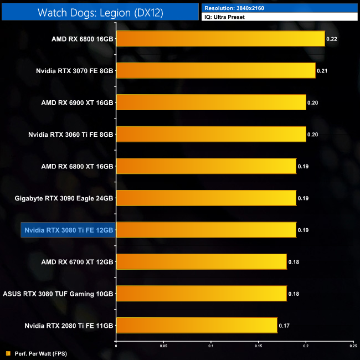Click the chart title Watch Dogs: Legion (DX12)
click(100, 13)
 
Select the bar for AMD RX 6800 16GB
click(220, 39)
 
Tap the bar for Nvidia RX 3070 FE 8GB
click(215, 70)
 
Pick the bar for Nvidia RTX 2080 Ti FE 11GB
click(196, 325)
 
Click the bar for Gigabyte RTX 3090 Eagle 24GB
click(206, 198)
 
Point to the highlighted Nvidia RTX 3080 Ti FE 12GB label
click(68, 230)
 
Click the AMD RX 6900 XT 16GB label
click(77, 102)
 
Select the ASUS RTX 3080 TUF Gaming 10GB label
click(58, 294)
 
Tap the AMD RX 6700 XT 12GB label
click(77, 261)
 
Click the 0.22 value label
click(332, 39)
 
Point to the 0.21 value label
click(322, 70)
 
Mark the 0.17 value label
click(284, 325)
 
